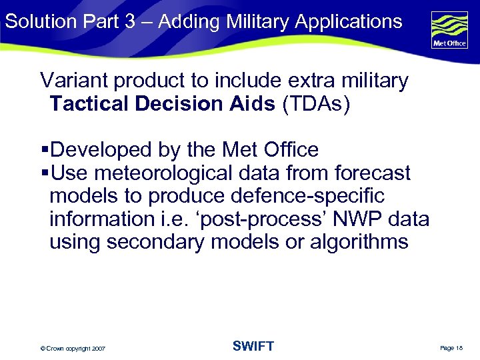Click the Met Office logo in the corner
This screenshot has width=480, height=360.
pyautogui.click(x=449, y=29)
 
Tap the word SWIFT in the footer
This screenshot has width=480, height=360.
pyautogui.click(x=253, y=346)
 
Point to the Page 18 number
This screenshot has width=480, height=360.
pyautogui.click(x=451, y=348)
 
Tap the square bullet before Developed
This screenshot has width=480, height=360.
pyautogui.click(x=45, y=150)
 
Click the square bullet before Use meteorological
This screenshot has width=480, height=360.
pyautogui.click(x=45, y=173)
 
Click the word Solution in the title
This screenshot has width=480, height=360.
pyautogui.click(x=41, y=21)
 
